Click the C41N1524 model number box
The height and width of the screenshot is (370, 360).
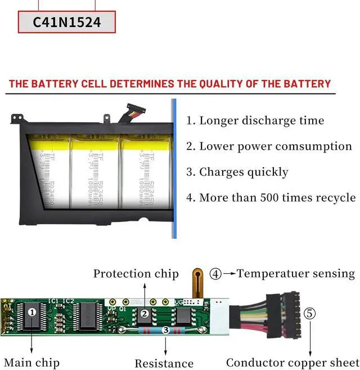[66, 23]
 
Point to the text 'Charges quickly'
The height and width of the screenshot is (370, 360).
[237, 172]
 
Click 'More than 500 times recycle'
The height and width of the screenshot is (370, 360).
[272, 197]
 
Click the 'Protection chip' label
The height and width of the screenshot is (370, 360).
[136, 274]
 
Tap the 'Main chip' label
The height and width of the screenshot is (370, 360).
[31, 362]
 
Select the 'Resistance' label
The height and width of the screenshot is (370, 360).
[164, 363]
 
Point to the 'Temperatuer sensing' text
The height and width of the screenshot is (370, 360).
[296, 274]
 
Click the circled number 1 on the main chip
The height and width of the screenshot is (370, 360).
[32, 311]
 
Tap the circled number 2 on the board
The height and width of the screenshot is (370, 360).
[144, 313]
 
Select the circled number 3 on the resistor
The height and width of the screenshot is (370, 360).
[165, 331]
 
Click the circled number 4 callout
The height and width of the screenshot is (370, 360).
[215, 274]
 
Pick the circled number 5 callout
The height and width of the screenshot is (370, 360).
[310, 313]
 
